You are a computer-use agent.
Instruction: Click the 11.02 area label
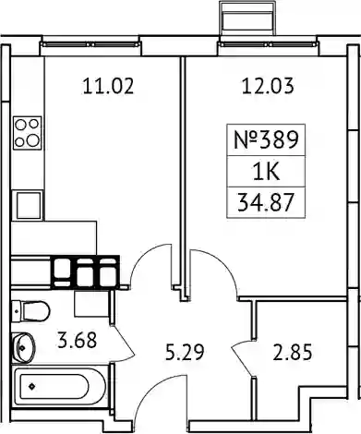pos(108,86)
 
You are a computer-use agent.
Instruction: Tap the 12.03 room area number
pos(268,86)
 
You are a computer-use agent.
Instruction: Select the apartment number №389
pos(266,139)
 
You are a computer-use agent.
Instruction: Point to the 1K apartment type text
pos(266,172)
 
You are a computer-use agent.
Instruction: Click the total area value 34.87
pos(265,202)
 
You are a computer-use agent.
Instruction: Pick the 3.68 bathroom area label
pos(78,340)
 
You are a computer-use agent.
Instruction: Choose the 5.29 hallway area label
pos(185,353)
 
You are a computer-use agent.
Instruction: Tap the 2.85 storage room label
pos(293,353)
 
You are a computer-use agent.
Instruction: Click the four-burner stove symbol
pos(28,133)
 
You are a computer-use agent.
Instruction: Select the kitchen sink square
pos(28,205)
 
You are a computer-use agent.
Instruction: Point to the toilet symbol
pos(30,311)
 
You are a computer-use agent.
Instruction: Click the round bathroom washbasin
pos(23,347)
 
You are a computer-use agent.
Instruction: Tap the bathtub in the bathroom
pos(60,387)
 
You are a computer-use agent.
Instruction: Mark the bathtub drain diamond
pos(31,386)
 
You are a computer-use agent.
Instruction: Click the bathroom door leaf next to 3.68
pos(124,341)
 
